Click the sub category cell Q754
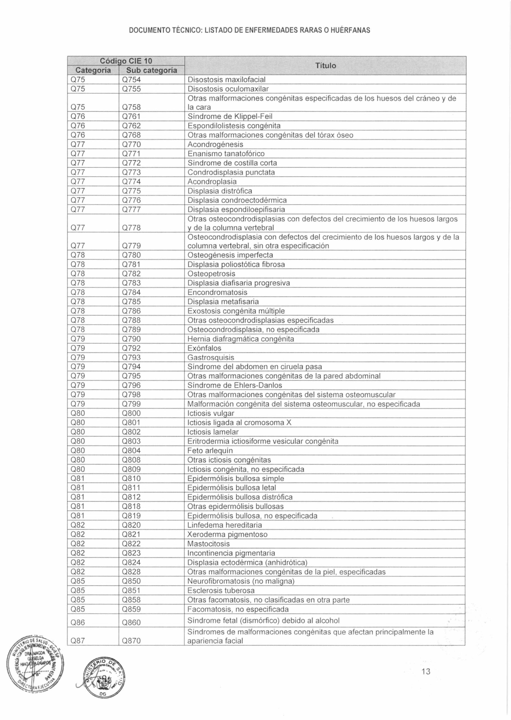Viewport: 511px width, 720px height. tap(131, 79)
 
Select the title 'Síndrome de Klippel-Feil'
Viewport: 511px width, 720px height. tap(230, 117)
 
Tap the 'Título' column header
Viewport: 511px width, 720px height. tap(325, 66)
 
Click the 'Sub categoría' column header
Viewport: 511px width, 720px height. tap(152, 70)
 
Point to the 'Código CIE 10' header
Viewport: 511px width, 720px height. tap(126, 60)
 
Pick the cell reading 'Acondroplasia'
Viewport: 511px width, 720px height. tap(212, 182)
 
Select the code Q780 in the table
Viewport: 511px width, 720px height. tap(131, 255)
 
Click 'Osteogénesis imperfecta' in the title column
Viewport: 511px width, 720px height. tap(230, 255)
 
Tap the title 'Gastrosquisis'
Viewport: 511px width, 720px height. tap(211, 358)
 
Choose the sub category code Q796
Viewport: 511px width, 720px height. tap(131, 385)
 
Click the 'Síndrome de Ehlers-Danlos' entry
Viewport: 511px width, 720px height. tap(234, 385)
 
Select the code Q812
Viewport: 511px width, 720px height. tap(131, 497)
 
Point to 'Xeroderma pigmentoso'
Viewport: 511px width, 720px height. tap(227, 534)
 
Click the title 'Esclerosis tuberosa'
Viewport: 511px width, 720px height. tap(221, 591)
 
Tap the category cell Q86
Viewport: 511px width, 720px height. tap(78, 623)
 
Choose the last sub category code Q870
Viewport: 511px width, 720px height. tap(131, 641)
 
